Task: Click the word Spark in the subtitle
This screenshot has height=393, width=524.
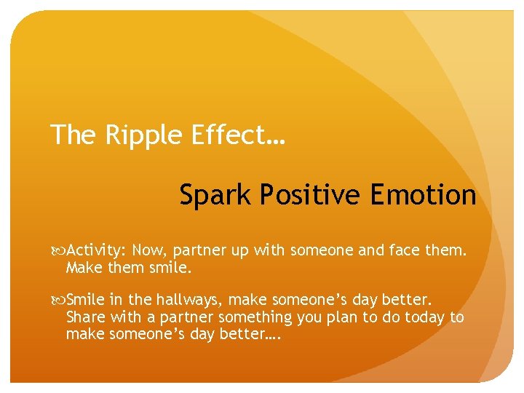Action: coord(214,195)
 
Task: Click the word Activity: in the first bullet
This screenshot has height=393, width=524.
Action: coord(97,251)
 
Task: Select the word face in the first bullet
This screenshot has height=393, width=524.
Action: coord(402,250)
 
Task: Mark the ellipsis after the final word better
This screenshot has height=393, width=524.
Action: coord(273,334)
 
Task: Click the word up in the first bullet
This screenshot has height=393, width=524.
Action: coord(239,252)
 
